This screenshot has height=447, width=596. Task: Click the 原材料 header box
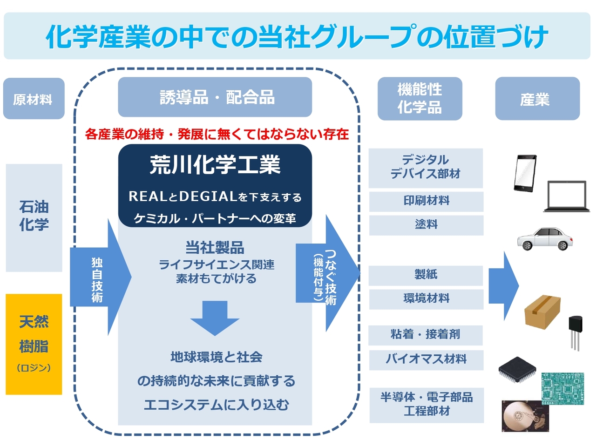[34, 99]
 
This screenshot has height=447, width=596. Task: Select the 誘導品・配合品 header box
[215, 97]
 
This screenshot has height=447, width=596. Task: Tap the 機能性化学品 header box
[420, 99]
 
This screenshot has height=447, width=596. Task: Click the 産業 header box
[537, 99]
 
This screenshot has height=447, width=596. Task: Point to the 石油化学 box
[34, 217]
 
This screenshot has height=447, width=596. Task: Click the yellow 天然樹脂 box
[34, 344]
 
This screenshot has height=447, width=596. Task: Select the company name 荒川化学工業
[215, 165]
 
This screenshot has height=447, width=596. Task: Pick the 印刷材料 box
[426, 201]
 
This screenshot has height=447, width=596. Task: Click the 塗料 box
[426, 225]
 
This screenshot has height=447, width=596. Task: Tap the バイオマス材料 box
[426, 359]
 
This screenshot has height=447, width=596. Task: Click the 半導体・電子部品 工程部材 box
[426, 405]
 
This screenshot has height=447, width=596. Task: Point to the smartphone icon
[525, 173]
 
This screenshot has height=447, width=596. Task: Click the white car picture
[545, 238]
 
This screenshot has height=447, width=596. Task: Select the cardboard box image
[542, 311]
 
